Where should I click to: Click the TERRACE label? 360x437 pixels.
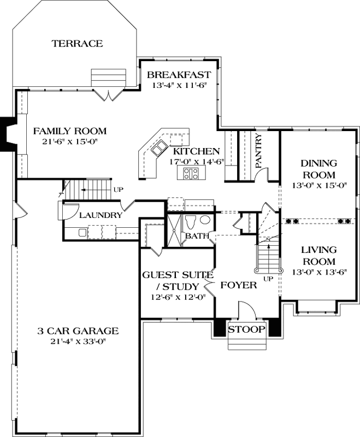(77, 43)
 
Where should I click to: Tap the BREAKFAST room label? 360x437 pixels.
(179, 75)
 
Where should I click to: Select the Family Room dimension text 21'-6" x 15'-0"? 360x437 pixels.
(69, 141)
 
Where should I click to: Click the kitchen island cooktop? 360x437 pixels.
(191, 174)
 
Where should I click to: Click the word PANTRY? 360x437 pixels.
(259, 150)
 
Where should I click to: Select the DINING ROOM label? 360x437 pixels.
(318, 169)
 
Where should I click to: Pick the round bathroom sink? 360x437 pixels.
(205, 220)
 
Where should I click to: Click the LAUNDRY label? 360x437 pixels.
(101, 215)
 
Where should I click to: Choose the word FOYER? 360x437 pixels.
(239, 285)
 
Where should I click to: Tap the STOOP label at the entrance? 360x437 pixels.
(246, 329)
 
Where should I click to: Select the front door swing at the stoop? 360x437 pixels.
(247, 310)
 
